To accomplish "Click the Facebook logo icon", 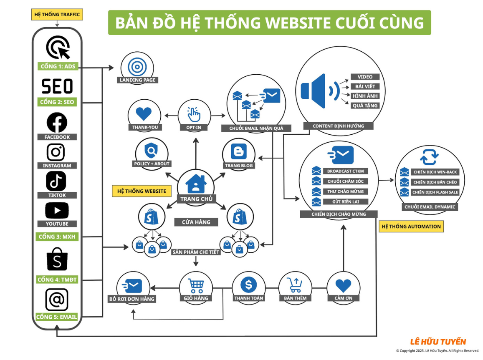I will [x=56, y=123].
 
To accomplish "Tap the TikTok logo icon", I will [x=56, y=181].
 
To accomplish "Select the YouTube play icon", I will [x=57, y=211].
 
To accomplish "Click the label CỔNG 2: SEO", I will [x=57, y=102].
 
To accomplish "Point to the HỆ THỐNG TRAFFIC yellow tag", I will [x=57, y=15].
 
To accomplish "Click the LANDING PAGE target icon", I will [x=135, y=66].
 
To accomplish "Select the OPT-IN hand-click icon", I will [x=194, y=114].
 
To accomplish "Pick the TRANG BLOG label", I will [x=239, y=166].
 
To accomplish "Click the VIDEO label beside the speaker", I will [x=365, y=77].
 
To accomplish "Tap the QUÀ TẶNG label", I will [x=365, y=106].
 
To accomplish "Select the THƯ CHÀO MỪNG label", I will [x=345, y=191].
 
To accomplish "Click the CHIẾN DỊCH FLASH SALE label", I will [x=435, y=192].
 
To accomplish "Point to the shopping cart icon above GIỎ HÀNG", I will [x=196, y=285].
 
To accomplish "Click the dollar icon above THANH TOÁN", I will [x=249, y=285].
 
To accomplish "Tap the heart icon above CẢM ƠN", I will [x=343, y=285].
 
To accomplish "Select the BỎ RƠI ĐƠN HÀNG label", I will [x=131, y=299].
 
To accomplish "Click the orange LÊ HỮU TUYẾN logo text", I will [x=438, y=342].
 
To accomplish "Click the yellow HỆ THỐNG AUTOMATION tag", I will [x=411, y=227].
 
